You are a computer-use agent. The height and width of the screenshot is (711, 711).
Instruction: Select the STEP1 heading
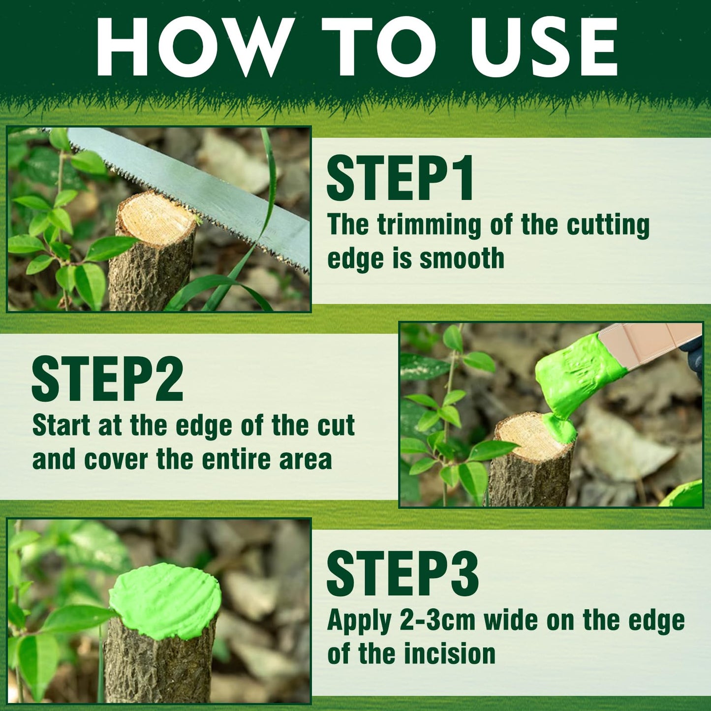(400, 178)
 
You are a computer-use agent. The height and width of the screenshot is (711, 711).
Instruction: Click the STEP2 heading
(108, 379)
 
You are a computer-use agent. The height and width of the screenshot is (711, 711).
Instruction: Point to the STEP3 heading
(402, 574)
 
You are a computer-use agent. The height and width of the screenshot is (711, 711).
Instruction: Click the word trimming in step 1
(429, 225)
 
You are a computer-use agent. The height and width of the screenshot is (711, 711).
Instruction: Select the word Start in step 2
(61, 426)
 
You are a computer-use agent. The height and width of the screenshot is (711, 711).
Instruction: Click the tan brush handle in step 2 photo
(649, 344)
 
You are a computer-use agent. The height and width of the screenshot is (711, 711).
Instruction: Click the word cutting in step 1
(608, 225)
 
